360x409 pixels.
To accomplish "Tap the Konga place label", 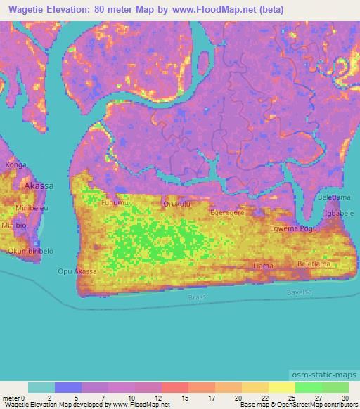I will (15, 164).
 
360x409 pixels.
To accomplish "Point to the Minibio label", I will (13, 225).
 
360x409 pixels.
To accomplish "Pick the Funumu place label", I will (116, 203).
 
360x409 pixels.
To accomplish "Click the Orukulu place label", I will (176, 204).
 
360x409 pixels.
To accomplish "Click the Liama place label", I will (263, 266).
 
